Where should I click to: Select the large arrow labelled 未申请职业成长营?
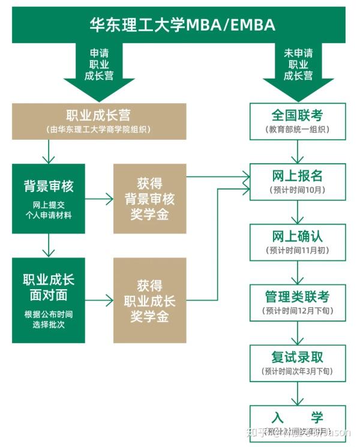(x=298, y=66)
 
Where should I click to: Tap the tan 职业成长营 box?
(x=99, y=121)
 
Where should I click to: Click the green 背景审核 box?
(x=49, y=198)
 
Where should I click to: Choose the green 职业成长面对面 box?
(x=49, y=300)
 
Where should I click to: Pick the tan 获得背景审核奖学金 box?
(x=149, y=198)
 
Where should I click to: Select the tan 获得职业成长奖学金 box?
(x=149, y=300)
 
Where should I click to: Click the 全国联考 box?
(x=298, y=120)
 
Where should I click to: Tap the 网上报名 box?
(x=298, y=181)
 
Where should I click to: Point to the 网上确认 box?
(x=298, y=241)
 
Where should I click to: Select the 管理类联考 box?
(x=298, y=302)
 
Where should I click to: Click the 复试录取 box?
(x=298, y=363)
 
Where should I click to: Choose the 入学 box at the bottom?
(x=298, y=423)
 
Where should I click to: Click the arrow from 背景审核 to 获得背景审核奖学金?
(x=99, y=198)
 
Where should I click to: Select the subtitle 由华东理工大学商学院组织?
(x=99, y=130)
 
